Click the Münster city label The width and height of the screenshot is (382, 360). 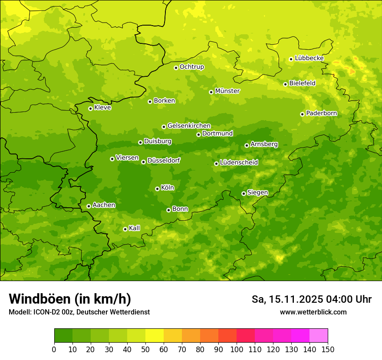pyautogui.click(x=227, y=91)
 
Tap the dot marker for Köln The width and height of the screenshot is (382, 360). pyautogui.click(x=157, y=189)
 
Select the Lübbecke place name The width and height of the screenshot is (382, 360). pyautogui.click(x=309, y=58)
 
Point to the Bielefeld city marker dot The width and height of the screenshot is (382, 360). pyautogui.click(x=285, y=84)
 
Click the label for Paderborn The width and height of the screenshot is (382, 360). pyautogui.click(x=321, y=113)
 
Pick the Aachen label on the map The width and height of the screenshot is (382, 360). pyautogui.click(x=104, y=205)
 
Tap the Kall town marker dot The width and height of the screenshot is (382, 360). pyautogui.click(x=125, y=229)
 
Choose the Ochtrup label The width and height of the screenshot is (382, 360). pyautogui.click(x=191, y=67)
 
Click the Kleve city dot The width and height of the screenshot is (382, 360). pyautogui.click(x=90, y=108)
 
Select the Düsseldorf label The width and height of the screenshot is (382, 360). pyautogui.click(x=163, y=160)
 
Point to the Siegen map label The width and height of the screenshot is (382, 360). pyautogui.click(x=257, y=193)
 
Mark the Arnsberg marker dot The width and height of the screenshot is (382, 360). pyautogui.click(x=247, y=145)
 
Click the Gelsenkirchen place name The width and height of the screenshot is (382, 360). pyautogui.click(x=189, y=126)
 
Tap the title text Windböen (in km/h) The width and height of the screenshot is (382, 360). pyautogui.click(x=69, y=299)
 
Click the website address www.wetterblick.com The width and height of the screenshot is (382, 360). pyautogui.click(x=313, y=312)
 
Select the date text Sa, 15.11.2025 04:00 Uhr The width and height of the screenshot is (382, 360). pyautogui.click(x=311, y=299)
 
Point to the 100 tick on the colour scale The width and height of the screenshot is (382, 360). pyautogui.click(x=237, y=349)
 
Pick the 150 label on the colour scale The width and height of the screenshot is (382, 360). pyautogui.click(x=328, y=349)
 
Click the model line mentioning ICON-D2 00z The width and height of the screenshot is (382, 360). pyautogui.click(x=79, y=312)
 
